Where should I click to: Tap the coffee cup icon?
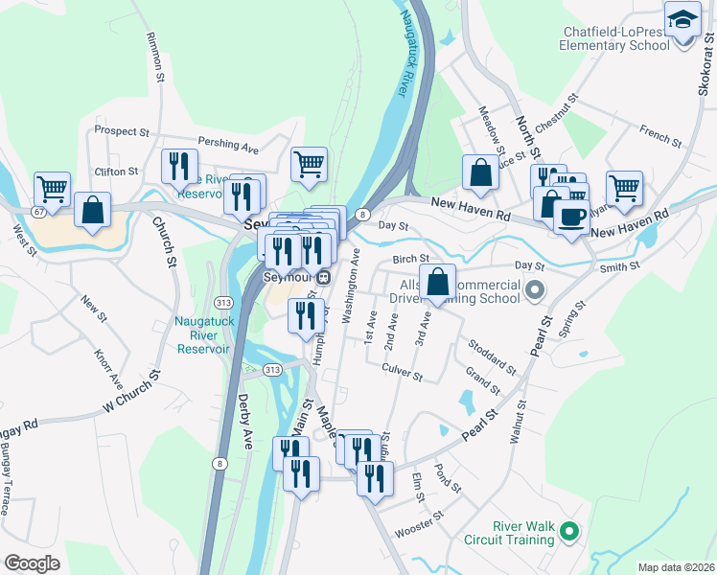571,217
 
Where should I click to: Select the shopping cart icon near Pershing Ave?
309,165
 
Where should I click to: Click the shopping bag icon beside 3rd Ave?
437,283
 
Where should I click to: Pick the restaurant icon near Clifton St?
179,167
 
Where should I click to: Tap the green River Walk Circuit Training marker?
568,529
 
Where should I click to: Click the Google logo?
32,563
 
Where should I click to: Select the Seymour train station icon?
323,278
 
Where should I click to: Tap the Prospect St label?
122,130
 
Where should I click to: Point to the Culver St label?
402,371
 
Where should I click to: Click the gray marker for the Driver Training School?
535,288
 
